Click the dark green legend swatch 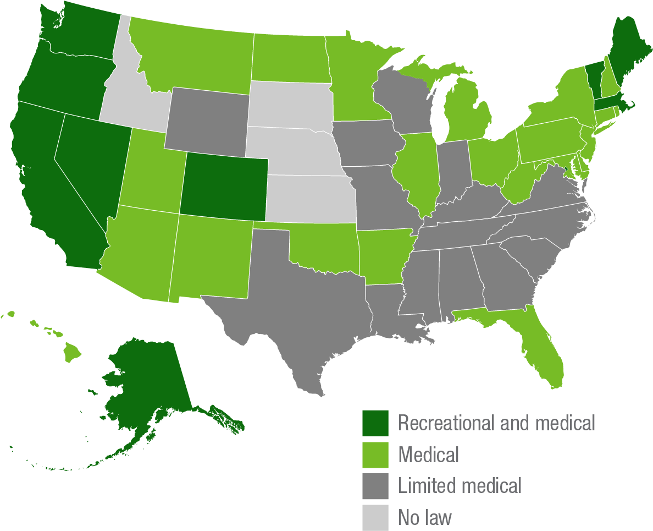tap(375, 423)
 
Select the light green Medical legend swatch tap(375, 455)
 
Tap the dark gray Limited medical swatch tap(375, 486)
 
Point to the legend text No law tap(425, 517)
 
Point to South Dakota tap(289, 105)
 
